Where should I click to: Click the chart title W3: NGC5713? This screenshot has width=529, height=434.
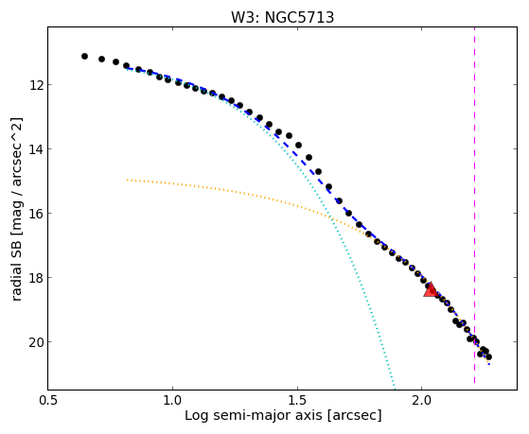282,18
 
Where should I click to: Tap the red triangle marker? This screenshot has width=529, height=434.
431,290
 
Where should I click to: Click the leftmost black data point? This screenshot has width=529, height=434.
84,57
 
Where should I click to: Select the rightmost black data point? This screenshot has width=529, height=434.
489,356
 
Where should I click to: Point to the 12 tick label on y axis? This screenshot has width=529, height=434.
37,85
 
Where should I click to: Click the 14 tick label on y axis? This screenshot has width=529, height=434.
37,149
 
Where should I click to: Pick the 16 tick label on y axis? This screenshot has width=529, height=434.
37,214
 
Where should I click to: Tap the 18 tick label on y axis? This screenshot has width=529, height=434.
37,278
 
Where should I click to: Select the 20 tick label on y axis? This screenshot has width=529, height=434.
37,342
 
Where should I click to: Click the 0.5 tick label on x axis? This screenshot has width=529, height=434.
48,400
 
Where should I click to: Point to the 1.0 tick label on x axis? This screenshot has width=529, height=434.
172,400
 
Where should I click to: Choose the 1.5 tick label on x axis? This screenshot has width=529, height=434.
297,400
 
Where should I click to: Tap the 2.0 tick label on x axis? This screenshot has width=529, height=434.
422,400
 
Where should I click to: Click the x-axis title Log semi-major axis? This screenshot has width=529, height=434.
254,415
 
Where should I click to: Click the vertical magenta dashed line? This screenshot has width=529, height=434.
474,208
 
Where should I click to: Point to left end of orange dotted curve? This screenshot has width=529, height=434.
127,180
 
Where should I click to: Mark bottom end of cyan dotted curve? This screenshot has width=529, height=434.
394,388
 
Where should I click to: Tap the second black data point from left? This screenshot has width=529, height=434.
101,59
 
